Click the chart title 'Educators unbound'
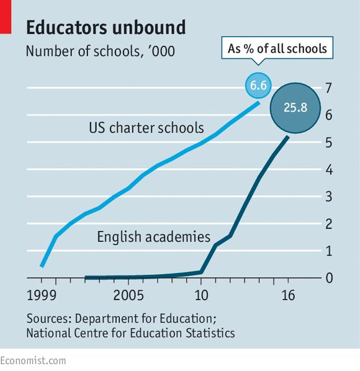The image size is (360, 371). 106,27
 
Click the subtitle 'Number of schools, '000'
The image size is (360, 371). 101,51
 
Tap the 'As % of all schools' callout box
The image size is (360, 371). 277,48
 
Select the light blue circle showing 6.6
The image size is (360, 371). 258,85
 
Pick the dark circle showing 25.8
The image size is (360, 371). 295,108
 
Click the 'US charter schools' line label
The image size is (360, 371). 146,128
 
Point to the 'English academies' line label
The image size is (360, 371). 153,236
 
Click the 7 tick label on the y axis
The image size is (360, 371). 328,88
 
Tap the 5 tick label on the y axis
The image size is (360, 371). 328,143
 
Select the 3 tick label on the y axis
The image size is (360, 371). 328,197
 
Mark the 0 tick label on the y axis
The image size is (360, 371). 329,278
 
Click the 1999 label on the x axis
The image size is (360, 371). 42,295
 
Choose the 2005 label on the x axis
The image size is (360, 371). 128,295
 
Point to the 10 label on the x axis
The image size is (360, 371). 202,295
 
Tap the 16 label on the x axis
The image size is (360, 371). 288,295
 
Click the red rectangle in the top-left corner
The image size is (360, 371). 6,17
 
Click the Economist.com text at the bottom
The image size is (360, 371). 33,361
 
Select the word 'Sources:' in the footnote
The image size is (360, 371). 49,318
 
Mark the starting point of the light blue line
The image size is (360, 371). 42,266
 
